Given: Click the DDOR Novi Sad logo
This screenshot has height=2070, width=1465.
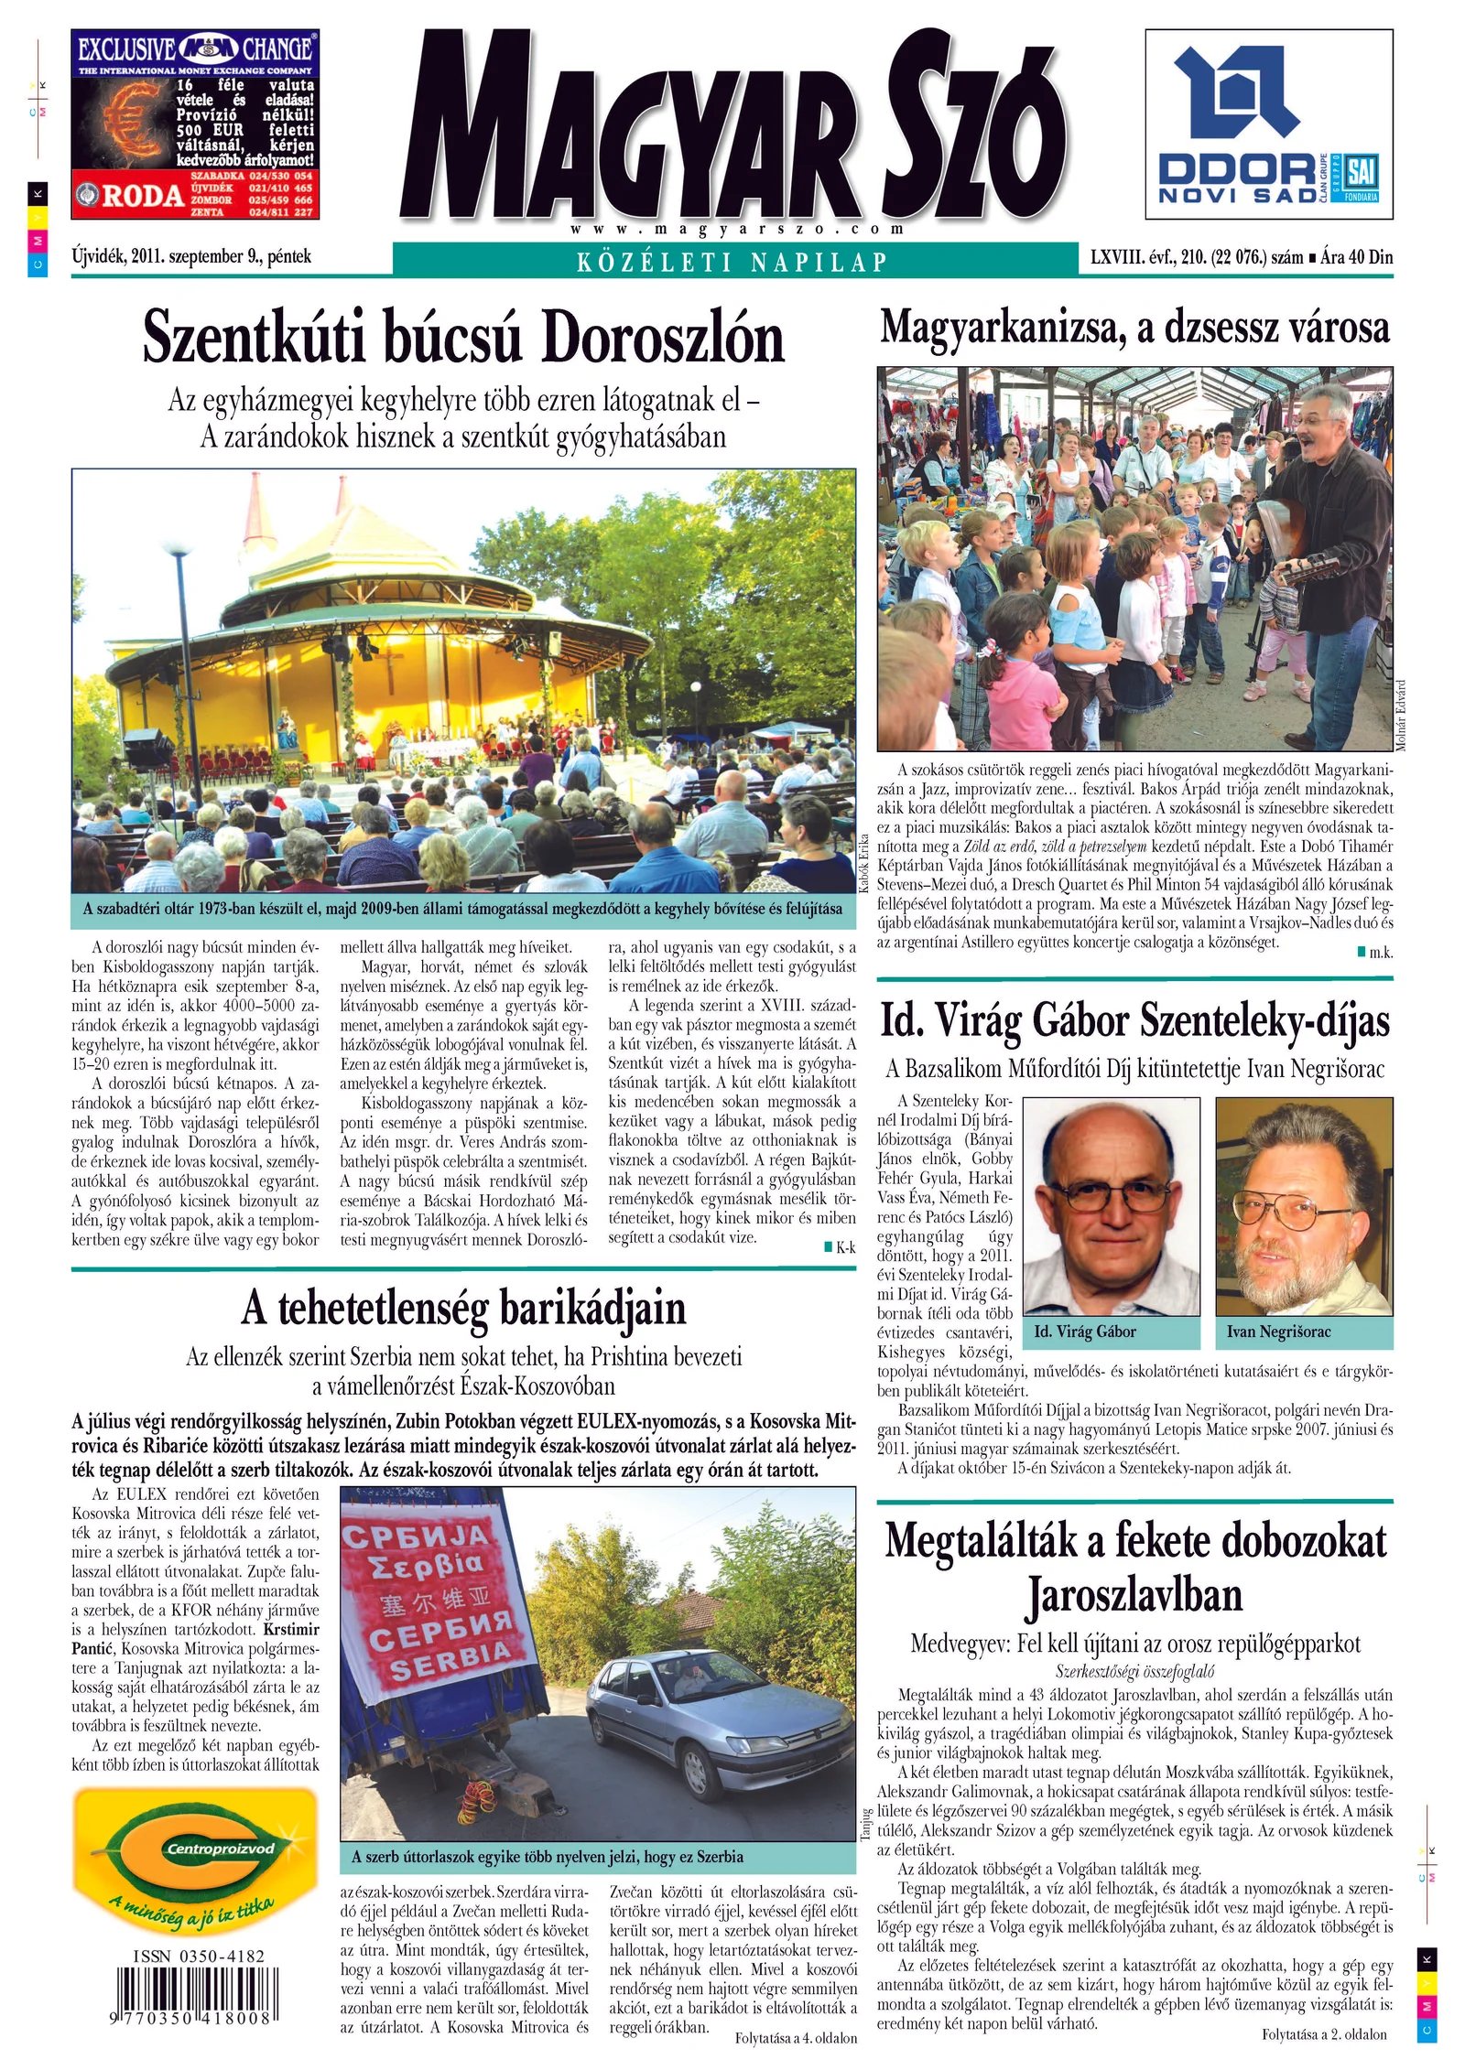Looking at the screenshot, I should coord(1268,124).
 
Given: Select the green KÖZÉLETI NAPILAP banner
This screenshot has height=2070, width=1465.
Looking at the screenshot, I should coord(734,261).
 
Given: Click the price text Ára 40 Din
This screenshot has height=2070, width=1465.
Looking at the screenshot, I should coord(1356,257).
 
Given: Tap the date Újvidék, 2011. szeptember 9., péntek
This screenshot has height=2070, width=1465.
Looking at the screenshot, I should coord(191,256).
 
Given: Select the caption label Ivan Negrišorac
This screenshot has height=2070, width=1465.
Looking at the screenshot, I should coord(1278,1332).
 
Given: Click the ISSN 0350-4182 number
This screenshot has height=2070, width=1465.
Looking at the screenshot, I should coord(199,1957).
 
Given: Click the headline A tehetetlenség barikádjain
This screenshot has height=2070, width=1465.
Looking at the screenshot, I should coord(463,1308).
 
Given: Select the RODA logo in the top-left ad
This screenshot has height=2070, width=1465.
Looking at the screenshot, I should coord(132,195).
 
